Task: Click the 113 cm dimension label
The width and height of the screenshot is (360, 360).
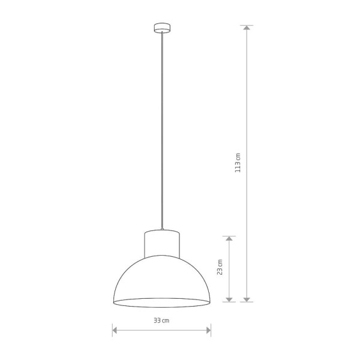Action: pos(238,163)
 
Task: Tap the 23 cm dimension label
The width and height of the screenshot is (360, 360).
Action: pos(220,267)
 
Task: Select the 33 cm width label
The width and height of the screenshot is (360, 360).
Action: pos(161,320)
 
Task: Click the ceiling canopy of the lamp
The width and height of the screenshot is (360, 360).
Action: pos(162,28)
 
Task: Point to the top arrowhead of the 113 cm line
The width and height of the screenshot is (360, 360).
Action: pos(247,28)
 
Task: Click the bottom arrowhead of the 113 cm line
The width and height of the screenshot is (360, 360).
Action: pos(247,299)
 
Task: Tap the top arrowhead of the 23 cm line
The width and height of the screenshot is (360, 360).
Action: pos(229,239)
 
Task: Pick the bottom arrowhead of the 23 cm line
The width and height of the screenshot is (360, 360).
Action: pos(229,299)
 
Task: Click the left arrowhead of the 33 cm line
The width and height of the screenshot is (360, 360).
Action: pos(115,331)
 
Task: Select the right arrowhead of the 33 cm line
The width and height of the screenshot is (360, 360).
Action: pos(208,331)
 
